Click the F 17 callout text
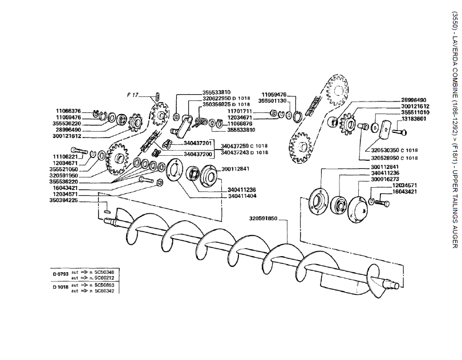[x=132, y=95]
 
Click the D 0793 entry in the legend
[x=61, y=274]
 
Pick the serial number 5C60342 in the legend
[x=104, y=291]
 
